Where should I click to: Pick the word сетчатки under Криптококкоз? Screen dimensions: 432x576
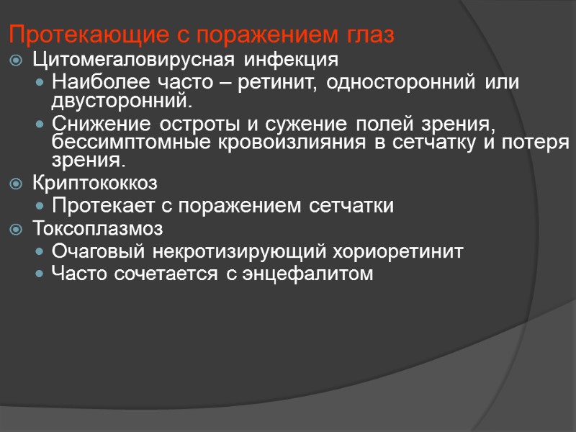[x=351, y=207]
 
